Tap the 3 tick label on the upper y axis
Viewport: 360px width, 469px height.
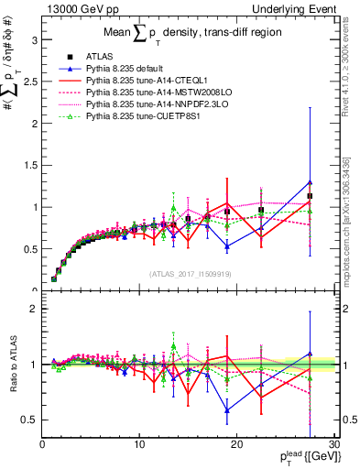point(34,40)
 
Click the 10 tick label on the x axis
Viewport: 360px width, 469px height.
point(139,444)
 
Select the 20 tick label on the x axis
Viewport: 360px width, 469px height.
point(237,444)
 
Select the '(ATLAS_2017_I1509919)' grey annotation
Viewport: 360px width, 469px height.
point(189,273)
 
